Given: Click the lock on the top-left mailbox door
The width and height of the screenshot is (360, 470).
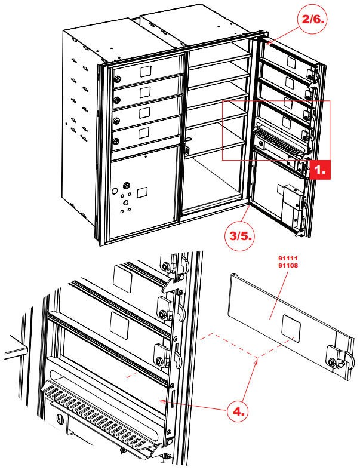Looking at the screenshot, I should coord(117,79).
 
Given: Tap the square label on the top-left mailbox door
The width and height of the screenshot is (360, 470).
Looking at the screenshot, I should coord(145,71).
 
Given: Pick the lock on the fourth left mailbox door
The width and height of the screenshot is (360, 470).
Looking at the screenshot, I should coord(117,141).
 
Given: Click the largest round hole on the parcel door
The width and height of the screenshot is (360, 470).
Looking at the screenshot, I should coord(115,192).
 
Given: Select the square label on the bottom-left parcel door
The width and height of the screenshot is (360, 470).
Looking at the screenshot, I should coord(142,192).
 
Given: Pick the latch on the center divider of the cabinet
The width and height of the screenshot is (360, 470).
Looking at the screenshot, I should coord(187,147).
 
